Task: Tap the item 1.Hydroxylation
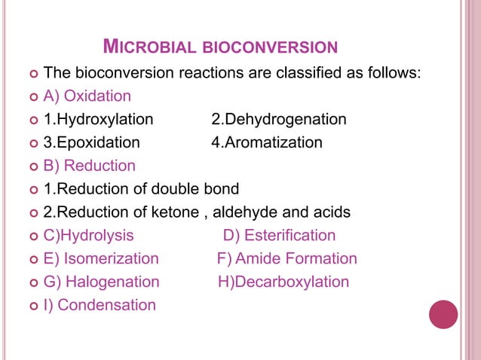(x=98, y=119)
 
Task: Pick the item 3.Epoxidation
(x=91, y=142)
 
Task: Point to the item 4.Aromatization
(x=266, y=142)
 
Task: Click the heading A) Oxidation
(x=87, y=96)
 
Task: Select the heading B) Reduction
(x=90, y=166)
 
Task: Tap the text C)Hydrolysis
(x=89, y=235)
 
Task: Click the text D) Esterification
(x=279, y=235)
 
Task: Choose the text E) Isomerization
(x=101, y=258)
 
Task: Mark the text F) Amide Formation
(x=286, y=258)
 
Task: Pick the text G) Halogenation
(x=102, y=282)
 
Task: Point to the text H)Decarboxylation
(x=283, y=282)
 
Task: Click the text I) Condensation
(x=100, y=305)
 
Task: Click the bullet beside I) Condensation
(x=31, y=306)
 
